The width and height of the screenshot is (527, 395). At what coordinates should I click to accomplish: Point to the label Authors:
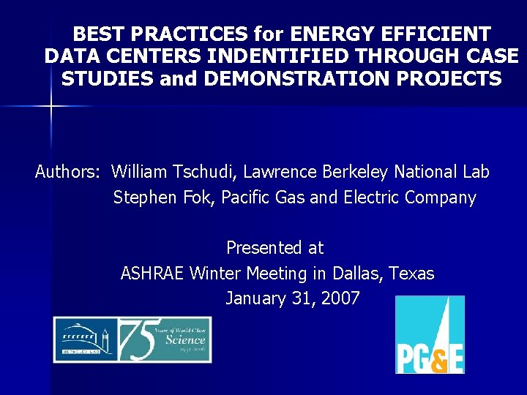pos(67,173)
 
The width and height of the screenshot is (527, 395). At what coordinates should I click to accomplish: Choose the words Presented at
pos(274,249)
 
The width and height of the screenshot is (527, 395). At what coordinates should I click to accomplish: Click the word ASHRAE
pos(152,274)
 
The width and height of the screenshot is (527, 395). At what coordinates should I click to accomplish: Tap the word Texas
pos(411,274)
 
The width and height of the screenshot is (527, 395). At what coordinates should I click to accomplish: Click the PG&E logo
pos(430,335)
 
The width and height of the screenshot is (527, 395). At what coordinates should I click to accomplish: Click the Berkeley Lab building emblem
pos(84,339)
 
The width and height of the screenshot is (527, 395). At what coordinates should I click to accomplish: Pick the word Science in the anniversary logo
pos(184,339)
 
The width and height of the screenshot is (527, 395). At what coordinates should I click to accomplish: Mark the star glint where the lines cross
pos(51,106)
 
